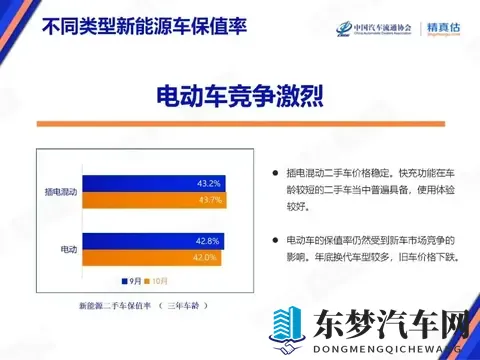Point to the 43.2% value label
pos(208,183)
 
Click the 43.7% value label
pos(211,200)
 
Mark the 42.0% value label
pos(203,258)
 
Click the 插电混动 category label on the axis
pos(61,191)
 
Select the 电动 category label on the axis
pos(68,249)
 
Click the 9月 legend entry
pos(130,281)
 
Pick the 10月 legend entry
pos(158,281)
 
